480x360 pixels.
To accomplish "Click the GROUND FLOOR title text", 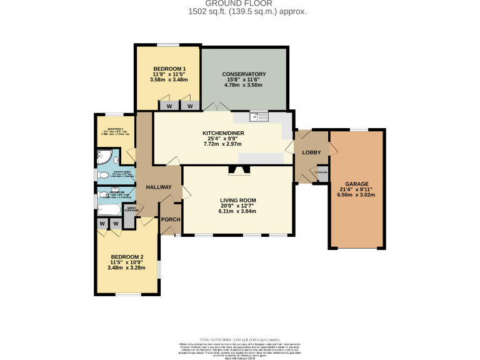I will (239, 4).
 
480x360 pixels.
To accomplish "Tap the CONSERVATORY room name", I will (244, 74).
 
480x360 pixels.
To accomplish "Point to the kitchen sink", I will (257, 116).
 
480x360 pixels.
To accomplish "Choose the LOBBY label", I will (311, 152).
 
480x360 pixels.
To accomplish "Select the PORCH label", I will (170, 220).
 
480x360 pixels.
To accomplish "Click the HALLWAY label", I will (159, 187).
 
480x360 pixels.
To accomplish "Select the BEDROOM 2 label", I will (127, 257).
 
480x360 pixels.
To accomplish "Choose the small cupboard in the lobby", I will (322, 173).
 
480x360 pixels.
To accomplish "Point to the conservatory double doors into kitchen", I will (216, 107).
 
